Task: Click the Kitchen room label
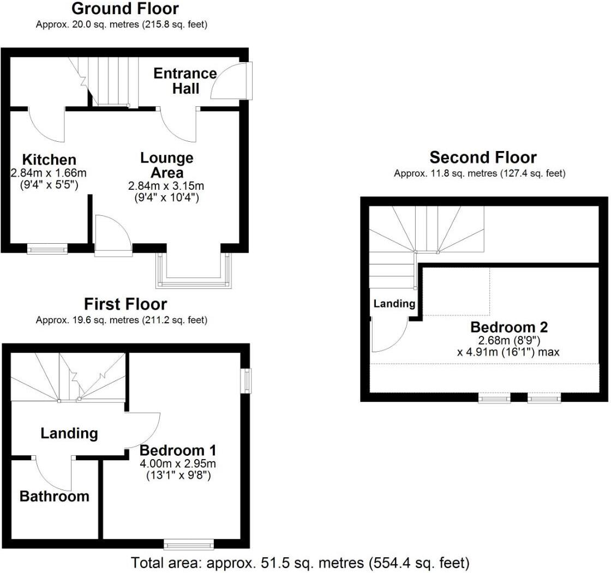coord(49,160)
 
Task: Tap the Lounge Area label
coord(167,165)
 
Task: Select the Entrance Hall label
coord(185,81)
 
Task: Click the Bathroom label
coord(55,496)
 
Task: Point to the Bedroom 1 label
coord(178,450)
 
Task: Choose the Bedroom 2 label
coord(509,327)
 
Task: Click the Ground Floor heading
coord(125,9)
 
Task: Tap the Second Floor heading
coord(483,158)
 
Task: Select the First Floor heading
coord(125,304)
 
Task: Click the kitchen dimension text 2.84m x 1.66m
coord(49,173)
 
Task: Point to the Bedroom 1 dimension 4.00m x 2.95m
coord(178,463)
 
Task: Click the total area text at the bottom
coord(300,563)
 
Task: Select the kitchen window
coord(47,249)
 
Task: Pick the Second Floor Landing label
coord(394,304)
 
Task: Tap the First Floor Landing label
coord(69,433)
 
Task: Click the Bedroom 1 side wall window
coord(247,381)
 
